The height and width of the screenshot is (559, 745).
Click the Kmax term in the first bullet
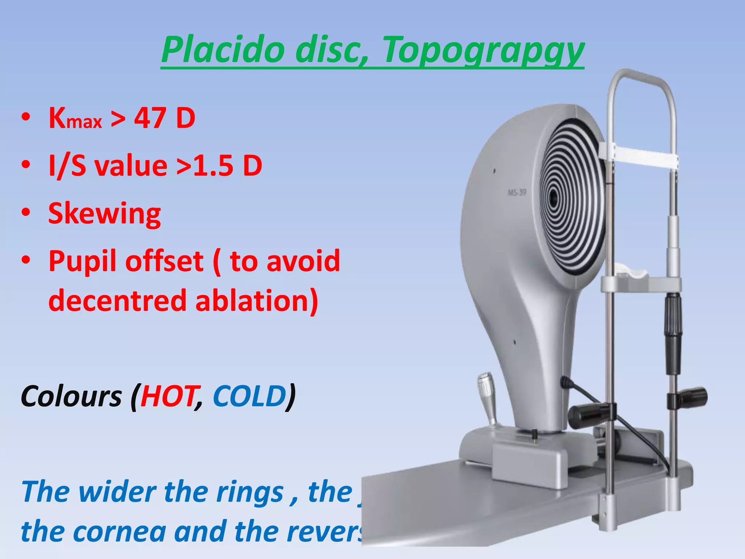click(x=75, y=119)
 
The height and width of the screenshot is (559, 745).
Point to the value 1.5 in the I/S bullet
click(x=213, y=166)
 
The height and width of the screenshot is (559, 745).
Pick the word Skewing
click(x=105, y=214)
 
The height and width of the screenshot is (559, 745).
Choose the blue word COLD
click(x=250, y=396)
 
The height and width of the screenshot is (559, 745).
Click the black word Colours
click(x=71, y=396)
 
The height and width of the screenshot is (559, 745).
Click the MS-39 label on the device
click(x=517, y=192)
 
